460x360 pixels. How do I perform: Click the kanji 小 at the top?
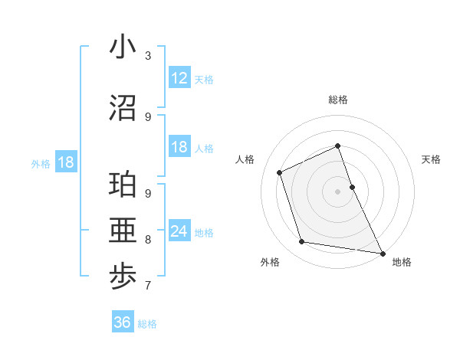point(123,47)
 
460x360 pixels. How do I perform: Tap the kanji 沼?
point(123,108)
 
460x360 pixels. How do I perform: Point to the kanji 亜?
point(123,231)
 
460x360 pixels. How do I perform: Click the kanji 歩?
point(123,277)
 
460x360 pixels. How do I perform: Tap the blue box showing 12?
point(179,77)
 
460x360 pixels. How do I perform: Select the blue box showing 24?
point(179,231)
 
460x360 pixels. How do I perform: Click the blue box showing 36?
point(123,322)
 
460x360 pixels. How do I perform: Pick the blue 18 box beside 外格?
point(65,162)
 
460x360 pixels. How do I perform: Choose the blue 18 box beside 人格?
point(179,147)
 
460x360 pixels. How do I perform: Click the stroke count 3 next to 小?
point(148,56)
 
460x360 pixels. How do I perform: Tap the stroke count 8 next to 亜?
point(148,240)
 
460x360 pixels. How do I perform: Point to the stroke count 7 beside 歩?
point(148,286)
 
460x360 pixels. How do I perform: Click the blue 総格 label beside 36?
point(147,324)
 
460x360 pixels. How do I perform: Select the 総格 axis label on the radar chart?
point(337,100)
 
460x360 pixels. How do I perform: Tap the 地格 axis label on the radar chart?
point(402,262)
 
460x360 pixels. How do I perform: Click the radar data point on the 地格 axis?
point(382,253)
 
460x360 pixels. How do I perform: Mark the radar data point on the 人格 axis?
point(280,172)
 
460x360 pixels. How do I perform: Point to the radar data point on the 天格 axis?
point(352,186)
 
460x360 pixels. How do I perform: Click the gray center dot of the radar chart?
point(337,191)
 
